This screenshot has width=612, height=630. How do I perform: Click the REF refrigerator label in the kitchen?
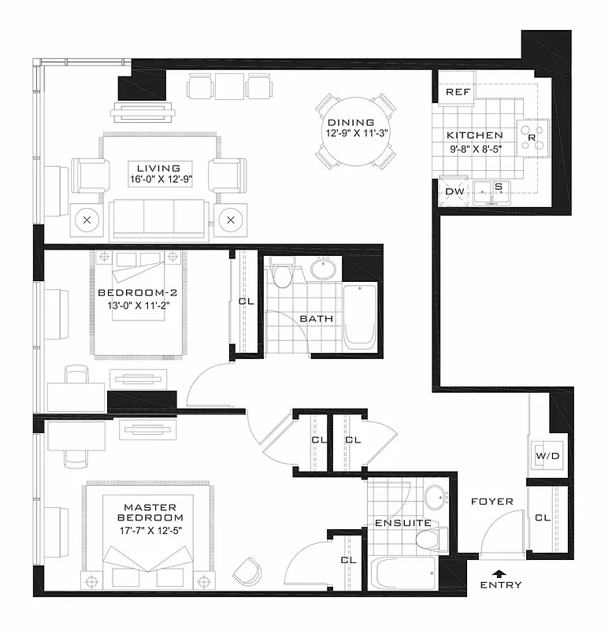click(458, 92)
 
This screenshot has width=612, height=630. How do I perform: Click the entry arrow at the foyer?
click(497, 573)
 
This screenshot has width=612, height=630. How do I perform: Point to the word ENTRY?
click(500, 585)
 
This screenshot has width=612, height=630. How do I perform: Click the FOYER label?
click(491, 502)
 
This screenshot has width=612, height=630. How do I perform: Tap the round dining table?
click(357, 131)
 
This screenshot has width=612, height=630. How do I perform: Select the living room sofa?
click(160, 217)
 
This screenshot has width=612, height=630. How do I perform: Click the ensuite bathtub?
click(403, 574)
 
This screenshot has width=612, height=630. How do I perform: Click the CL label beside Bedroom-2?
click(245, 302)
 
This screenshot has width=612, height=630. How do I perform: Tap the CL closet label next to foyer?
click(543, 517)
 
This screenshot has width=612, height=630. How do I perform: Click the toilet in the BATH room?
click(281, 276)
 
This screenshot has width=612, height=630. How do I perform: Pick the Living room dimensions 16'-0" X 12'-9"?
click(158, 180)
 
